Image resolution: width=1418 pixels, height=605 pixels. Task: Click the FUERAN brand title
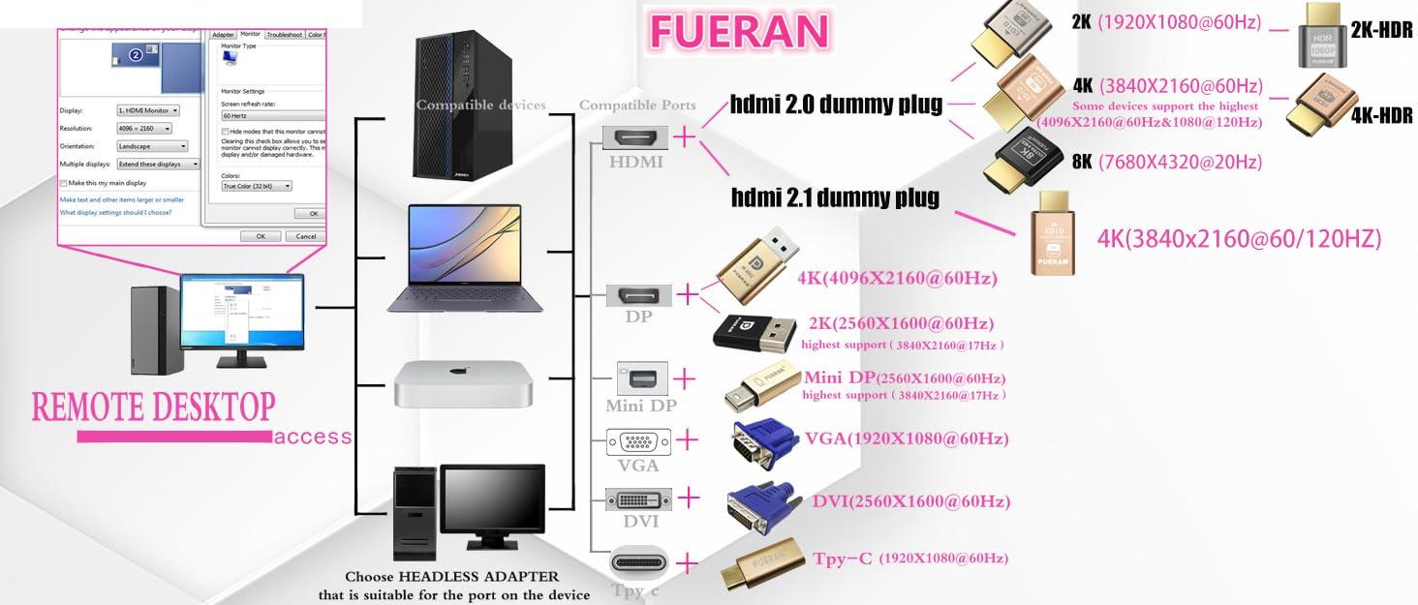739,30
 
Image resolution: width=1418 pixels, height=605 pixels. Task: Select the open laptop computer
453,258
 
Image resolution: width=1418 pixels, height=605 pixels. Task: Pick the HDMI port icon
634,137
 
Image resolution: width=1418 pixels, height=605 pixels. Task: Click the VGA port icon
638,442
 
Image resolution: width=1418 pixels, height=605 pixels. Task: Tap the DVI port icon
638,499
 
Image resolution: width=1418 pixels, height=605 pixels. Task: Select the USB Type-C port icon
638,562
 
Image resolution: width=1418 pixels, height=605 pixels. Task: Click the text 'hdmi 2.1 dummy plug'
835,198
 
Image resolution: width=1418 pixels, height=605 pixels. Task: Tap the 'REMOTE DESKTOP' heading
153,407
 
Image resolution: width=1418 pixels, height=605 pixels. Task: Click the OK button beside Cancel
260,236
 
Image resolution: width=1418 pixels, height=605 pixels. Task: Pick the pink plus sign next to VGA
686,439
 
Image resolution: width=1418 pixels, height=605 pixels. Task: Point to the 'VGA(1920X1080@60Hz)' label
907,439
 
